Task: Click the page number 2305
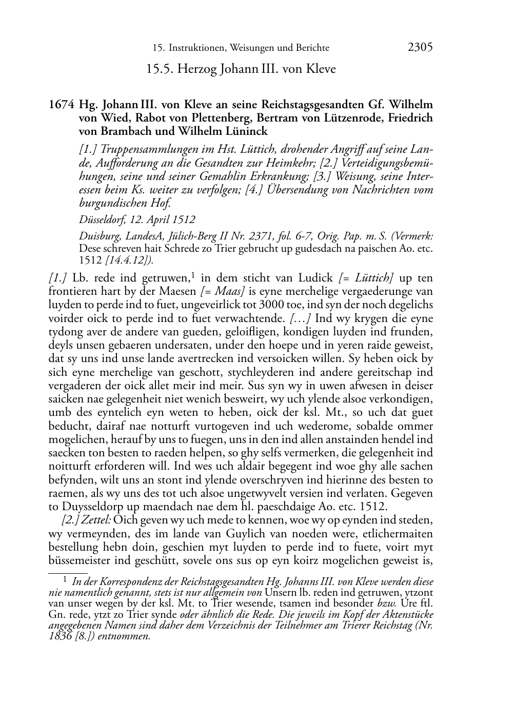pos(420,47)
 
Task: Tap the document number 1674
pos(61,105)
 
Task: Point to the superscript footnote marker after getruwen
pos(193,276)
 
